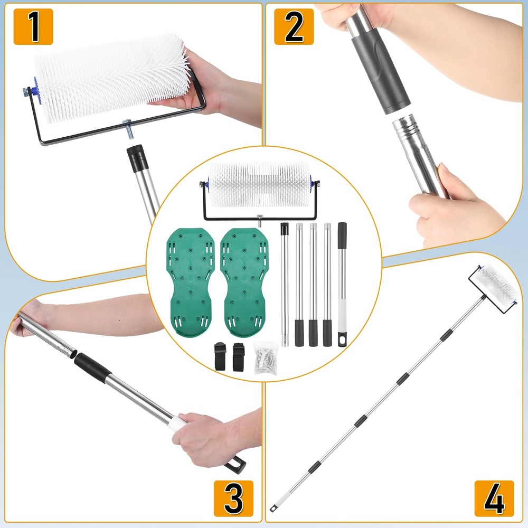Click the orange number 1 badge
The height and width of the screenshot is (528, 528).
point(33,26)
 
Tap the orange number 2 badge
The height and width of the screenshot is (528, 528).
point(294,26)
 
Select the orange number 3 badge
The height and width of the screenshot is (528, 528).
point(233,498)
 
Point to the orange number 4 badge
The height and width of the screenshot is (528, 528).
point(494,498)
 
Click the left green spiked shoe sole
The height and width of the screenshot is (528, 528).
point(191,282)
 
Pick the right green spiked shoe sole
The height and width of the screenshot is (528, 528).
point(244,282)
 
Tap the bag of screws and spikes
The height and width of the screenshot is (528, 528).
point(266,358)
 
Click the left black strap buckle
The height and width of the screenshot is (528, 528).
point(220,356)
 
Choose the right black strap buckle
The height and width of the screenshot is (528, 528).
point(239,357)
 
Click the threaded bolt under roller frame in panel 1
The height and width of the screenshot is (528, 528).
point(129,129)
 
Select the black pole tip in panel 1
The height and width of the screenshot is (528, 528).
point(138,158)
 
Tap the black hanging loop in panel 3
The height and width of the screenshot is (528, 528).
point(235,464)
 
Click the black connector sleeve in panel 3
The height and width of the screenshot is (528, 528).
point(92,367)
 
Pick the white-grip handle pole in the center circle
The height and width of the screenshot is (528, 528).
point(342,285)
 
